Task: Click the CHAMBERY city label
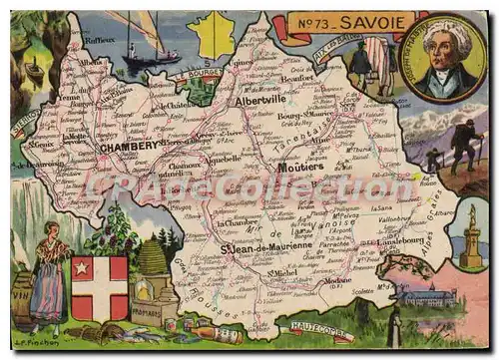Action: point(130,146)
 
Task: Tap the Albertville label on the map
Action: point(261,101)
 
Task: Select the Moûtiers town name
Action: point(300,167)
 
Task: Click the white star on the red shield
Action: point(82,268)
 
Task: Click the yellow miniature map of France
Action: point(213,34)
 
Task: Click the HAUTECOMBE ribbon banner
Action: point(316,330)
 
